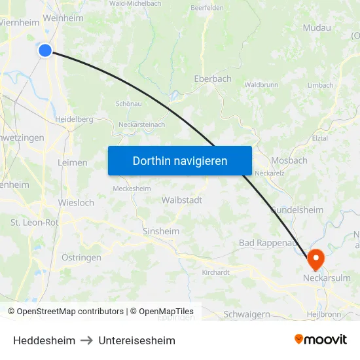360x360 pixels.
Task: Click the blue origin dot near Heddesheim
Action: (45, 50)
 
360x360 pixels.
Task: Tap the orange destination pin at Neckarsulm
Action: (315, 259)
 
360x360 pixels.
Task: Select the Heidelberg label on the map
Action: (74, 119)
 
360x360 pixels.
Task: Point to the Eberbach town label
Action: (213, 79)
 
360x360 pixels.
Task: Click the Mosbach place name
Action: (289, 160)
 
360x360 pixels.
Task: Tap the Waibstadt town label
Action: (182, 200)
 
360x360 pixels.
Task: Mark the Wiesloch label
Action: (76, 202)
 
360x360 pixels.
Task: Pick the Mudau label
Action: (317, 27)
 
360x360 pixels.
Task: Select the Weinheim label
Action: (63, 18)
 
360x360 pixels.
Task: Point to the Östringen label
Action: (81, 257)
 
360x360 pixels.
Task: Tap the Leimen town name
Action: (72, 162)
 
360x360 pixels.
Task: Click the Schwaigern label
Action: (247, 314)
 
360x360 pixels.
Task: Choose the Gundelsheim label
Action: (297, 209)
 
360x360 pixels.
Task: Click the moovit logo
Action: (321, 339)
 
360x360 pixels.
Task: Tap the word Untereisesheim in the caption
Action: (137, 340)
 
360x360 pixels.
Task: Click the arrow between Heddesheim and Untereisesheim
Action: (87, 340)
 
